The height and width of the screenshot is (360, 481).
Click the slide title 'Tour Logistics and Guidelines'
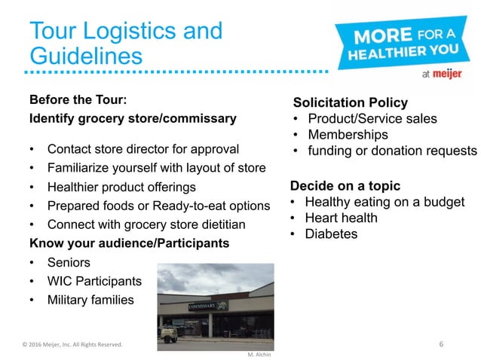[x=125, y=43]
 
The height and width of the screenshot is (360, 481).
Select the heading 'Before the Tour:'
[x=78, y=100]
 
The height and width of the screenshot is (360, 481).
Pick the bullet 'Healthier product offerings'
[x=121, y=187]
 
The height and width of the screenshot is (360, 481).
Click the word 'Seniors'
[x=69, y=263]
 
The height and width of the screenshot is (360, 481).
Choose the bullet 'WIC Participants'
[x=93, y=282]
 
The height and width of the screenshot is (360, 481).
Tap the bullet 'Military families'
[x=90, y=301]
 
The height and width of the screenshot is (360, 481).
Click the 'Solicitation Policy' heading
[x=350, y=103]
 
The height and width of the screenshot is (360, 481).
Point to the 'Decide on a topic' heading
[x=345, y=186]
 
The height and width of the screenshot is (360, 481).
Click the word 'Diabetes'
[x=332, y=234]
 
